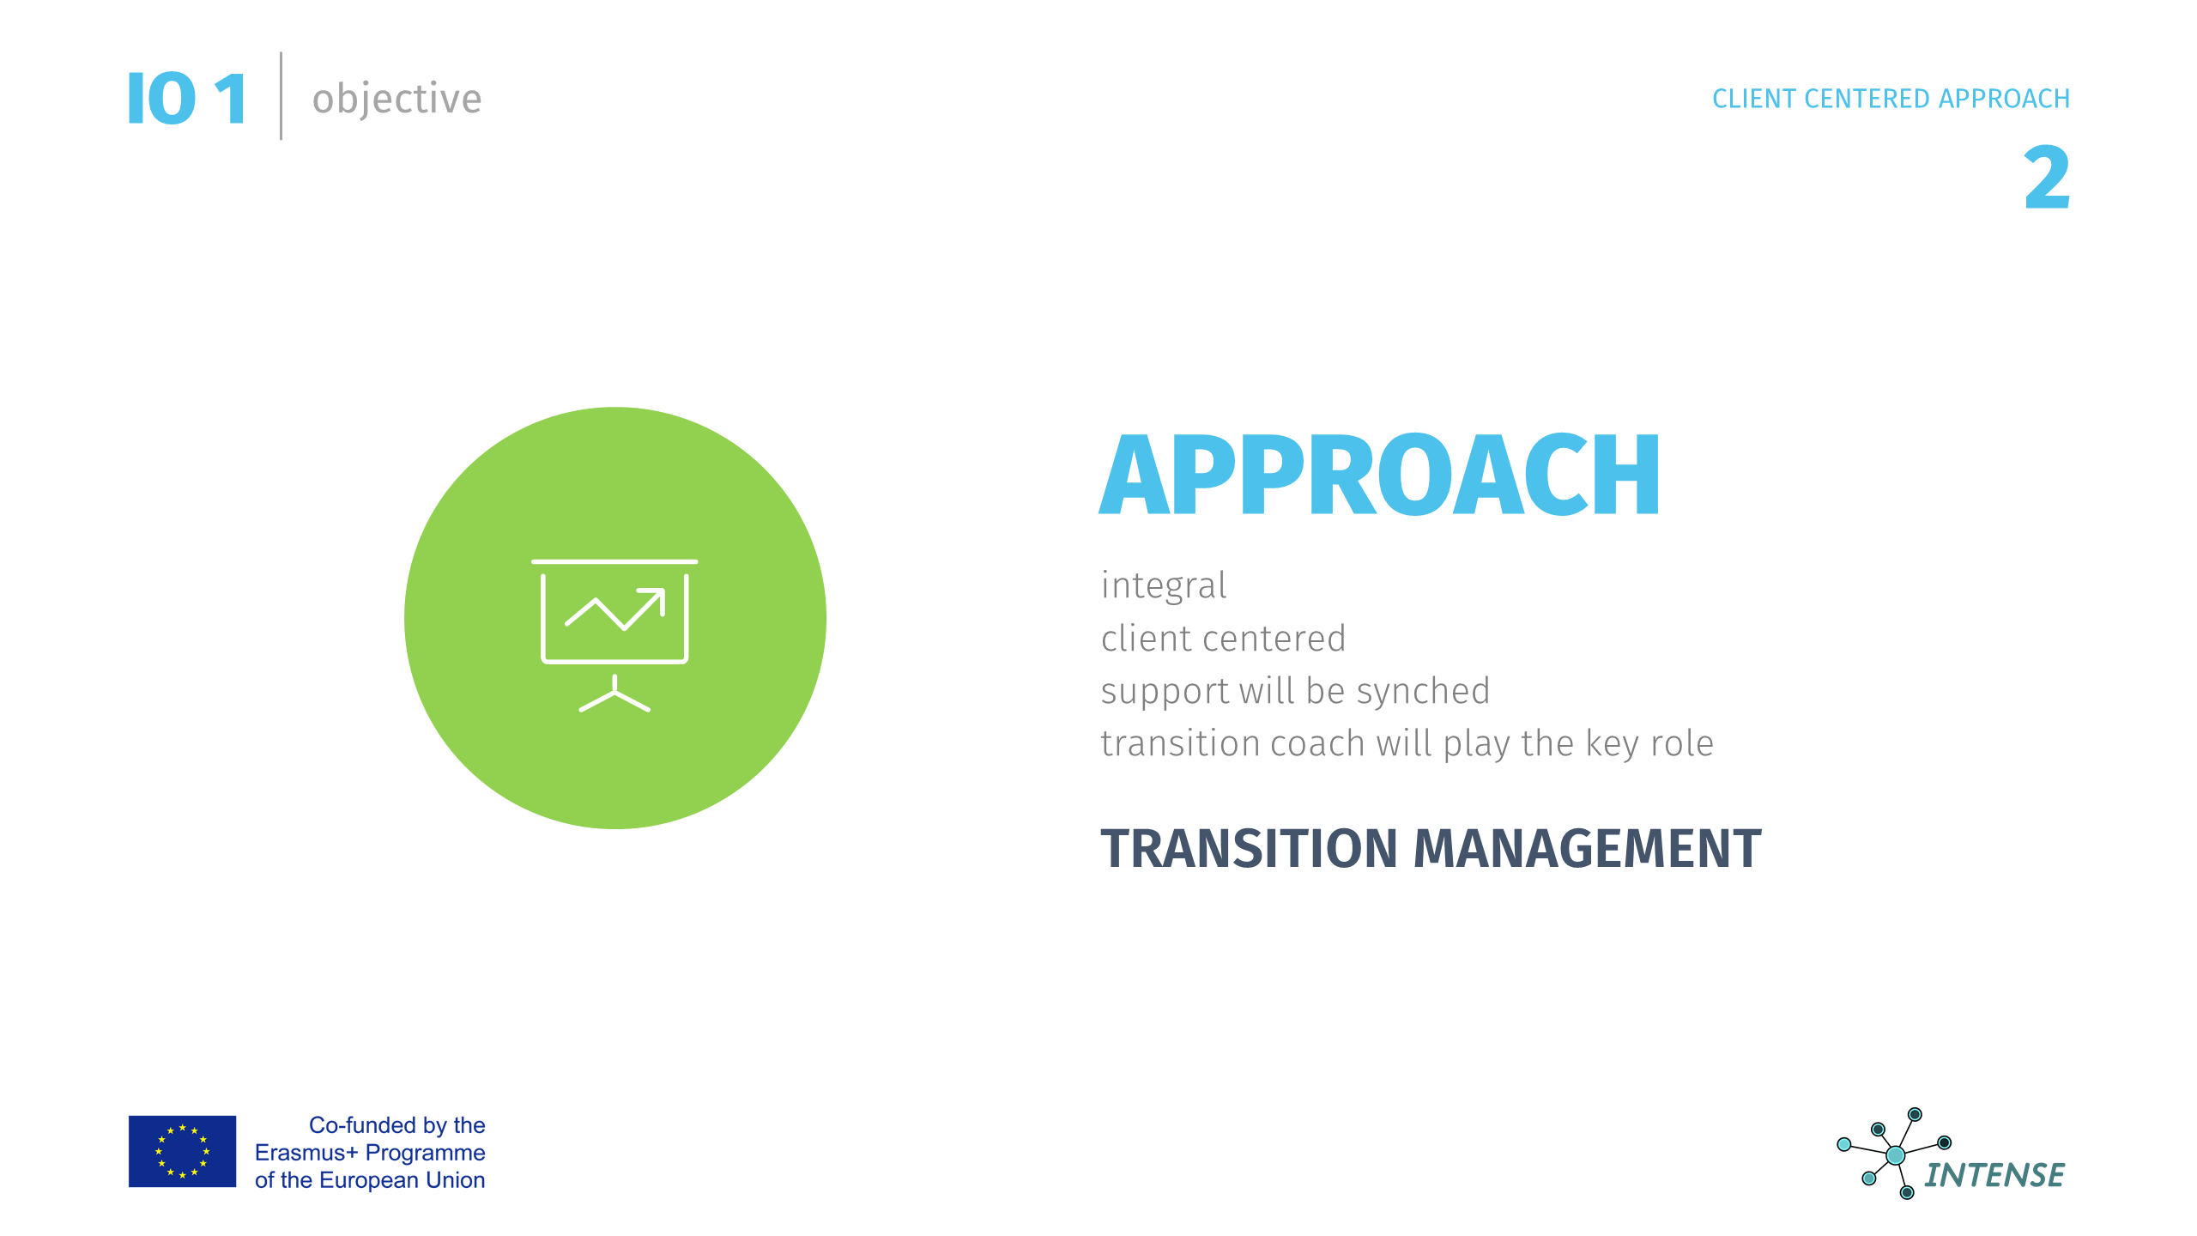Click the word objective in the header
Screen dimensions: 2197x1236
point(396,100)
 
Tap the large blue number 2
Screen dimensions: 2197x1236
point(2047,178)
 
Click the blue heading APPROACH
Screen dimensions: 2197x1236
point(1380,474)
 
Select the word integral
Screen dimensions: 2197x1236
point(1164,586)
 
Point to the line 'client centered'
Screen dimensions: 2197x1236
point(1223,639)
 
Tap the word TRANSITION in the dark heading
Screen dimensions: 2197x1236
point(1249,848)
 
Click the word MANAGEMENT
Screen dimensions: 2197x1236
point(1587,848)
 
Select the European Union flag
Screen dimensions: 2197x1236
point(182,1151)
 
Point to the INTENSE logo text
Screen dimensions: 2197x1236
point(1994,1175)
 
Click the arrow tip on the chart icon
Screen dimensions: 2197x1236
point(663,591)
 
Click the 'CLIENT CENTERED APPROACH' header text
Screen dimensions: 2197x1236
point(1891,99)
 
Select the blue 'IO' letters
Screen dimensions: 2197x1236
point(161,99)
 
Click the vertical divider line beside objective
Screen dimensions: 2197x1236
point(281,96)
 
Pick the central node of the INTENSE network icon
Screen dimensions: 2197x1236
point(1896,1155)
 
